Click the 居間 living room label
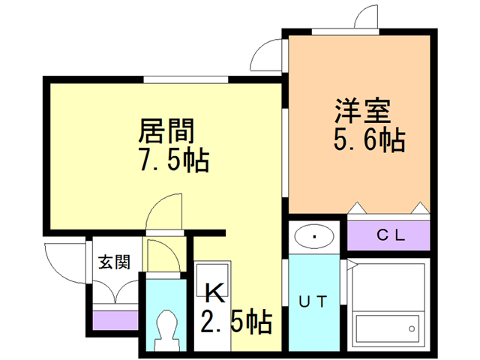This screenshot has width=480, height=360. click(166, 132)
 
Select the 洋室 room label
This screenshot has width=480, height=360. click(362, 112)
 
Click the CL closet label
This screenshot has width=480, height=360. click(389, 235)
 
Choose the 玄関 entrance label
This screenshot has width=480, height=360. click(115, 262)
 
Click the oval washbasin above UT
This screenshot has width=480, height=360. click(315, 238)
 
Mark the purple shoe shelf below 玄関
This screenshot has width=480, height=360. click(114, 319)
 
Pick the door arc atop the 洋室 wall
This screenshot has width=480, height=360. click(367, 16)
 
